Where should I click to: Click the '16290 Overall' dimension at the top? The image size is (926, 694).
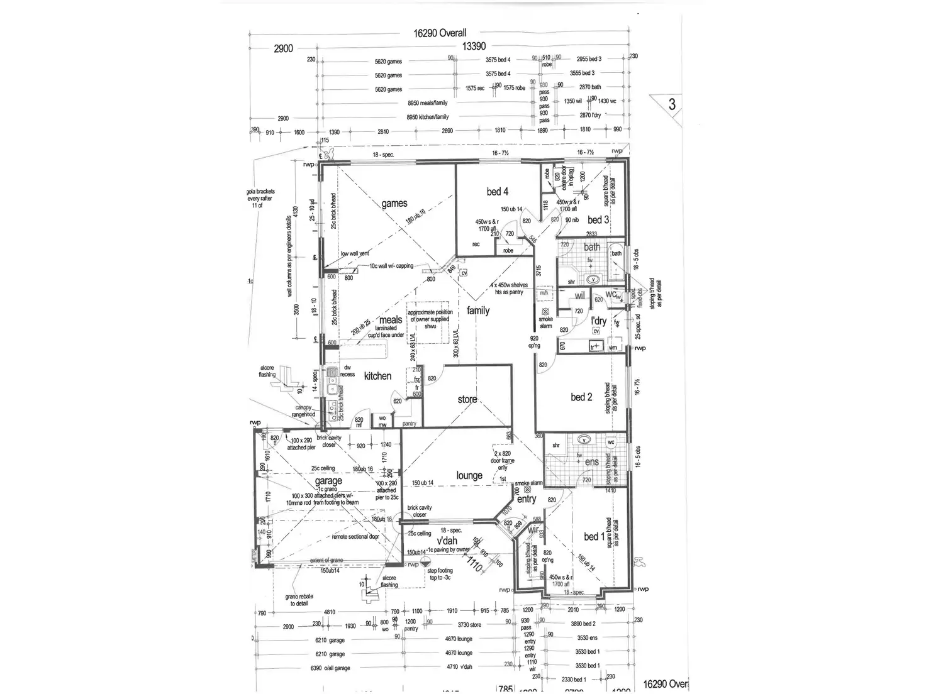440,33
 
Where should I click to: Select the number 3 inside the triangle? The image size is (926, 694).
672,104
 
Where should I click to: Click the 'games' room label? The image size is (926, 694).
394,204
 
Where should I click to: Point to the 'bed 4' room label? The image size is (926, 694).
497,192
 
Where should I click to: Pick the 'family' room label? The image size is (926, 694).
478,311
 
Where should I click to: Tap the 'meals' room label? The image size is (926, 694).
391,320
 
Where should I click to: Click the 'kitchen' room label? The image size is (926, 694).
377,376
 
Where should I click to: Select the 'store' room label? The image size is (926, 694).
467,399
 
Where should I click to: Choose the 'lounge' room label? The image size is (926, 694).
469,476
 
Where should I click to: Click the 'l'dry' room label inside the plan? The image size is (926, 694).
598,321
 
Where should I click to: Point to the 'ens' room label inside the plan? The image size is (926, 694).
591,462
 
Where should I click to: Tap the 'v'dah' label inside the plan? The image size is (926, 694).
447,541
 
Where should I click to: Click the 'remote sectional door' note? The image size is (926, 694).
355,537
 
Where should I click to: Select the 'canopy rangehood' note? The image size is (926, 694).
303,411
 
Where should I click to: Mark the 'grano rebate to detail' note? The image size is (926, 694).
299,600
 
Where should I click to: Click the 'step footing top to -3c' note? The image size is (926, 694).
440,574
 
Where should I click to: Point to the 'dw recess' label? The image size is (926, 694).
347,371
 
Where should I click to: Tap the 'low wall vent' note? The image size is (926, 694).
355,254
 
